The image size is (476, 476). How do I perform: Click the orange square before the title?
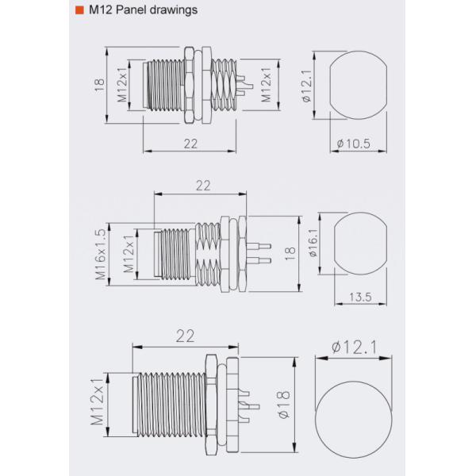(79, 11)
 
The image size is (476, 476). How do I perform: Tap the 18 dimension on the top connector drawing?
(99, 86)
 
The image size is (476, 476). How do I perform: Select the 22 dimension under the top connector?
(190, 143)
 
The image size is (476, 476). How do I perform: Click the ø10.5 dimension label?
(354, 144)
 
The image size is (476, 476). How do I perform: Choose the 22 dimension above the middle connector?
(202, 185)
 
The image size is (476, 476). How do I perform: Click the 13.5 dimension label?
(360, 297)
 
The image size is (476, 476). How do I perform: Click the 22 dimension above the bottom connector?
(185, 336)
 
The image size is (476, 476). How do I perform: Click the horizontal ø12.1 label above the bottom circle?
(354, 347)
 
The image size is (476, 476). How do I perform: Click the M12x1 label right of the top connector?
(267, 86)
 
